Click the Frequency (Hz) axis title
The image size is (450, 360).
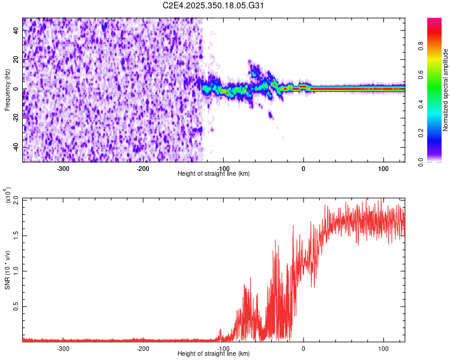8,90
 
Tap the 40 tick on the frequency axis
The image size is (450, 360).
17,31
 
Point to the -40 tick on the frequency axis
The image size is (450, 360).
16,148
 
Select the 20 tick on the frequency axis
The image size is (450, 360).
17,60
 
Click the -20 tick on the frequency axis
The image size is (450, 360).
16,118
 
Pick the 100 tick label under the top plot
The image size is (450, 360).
383,168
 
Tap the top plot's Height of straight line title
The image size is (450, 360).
214,173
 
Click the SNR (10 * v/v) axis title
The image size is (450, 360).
8,270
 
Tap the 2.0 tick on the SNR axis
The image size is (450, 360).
16,199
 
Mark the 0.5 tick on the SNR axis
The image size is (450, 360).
16,306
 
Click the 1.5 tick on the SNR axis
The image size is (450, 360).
16,235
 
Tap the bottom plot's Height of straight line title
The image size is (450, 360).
214,353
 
